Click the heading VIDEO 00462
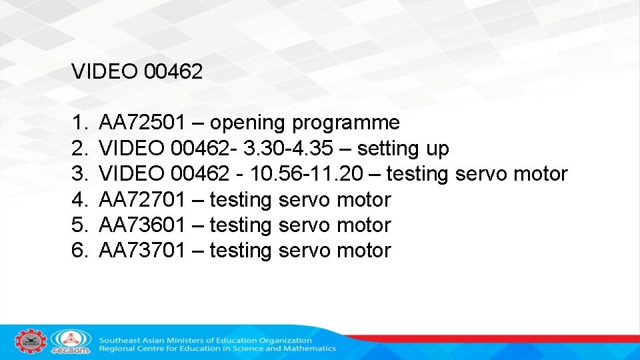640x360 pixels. pos(137,72)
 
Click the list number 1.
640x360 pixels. pos(80,123)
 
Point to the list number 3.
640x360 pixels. pos(80,174)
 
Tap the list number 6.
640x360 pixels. pos(80,251)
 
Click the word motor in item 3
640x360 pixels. pos(541,174)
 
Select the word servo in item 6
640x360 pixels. pos(304,251)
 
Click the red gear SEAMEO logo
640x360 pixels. pos(31,341)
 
